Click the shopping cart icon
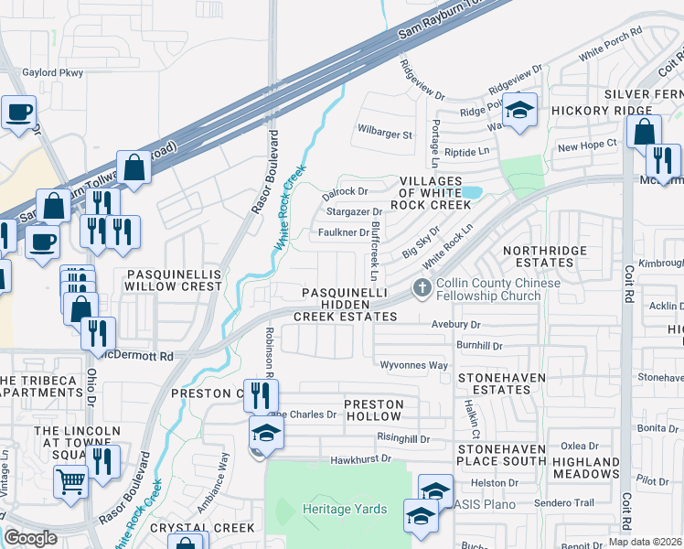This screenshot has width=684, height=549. [x=70, y=479]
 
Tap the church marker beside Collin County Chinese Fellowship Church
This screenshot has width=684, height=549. [x=422, y=288]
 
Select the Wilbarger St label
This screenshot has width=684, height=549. [x=385, y=135]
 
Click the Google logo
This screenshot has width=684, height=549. [x=30, y=538]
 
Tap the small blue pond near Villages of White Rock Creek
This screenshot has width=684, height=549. [x=471, y=192]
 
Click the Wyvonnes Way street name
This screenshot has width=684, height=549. [x=415, y=365]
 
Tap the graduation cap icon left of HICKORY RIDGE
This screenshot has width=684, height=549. [x=520, y=111]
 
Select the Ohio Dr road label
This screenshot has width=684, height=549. [x=91, y=387]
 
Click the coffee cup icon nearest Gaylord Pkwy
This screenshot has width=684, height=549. [x=17, y=113]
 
